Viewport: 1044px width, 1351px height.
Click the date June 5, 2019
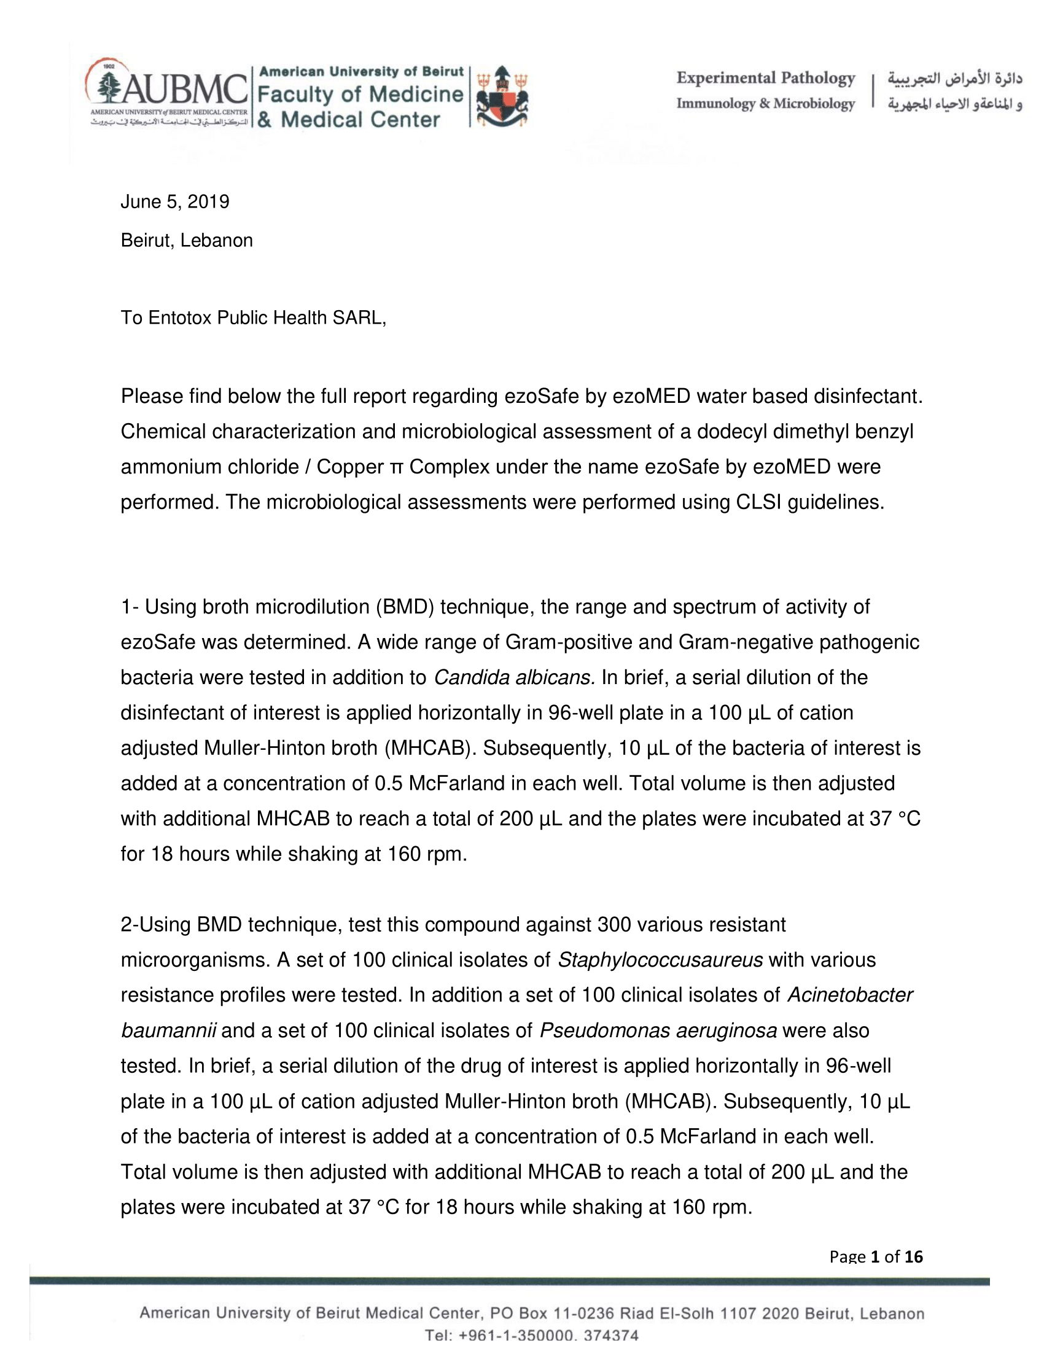pyautogui.click(x=175, y=202)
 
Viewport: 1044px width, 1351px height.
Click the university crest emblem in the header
pyautogui.click(x=502, y=96)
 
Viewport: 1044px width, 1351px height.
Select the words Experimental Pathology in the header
pyautogui.click(x=765, y=79)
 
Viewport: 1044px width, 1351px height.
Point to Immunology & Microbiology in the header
pyautogui.click(x=765, y=104)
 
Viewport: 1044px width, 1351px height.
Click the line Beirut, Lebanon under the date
pyautogui.click(x=187, y=241)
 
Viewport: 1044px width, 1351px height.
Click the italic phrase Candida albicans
pyautogui.click(x=514, y=678)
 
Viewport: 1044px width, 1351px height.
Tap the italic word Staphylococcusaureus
pyautogui.click(x=660, y=960)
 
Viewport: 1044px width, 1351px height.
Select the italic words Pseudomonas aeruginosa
pyautogui.click(x=658, y=1030)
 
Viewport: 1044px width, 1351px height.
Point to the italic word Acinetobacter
pyautogui.click(x=850, y=995)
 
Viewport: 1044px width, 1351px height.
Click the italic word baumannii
pyautogui.click(x=168, y=1030)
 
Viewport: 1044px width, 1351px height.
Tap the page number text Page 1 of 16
pyautogui.click(x=876, y=1256)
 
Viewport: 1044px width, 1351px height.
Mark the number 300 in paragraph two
pyautogui.click(x=614, y=925)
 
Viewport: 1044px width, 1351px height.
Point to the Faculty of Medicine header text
pyautogui.click(x=359, y=94)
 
